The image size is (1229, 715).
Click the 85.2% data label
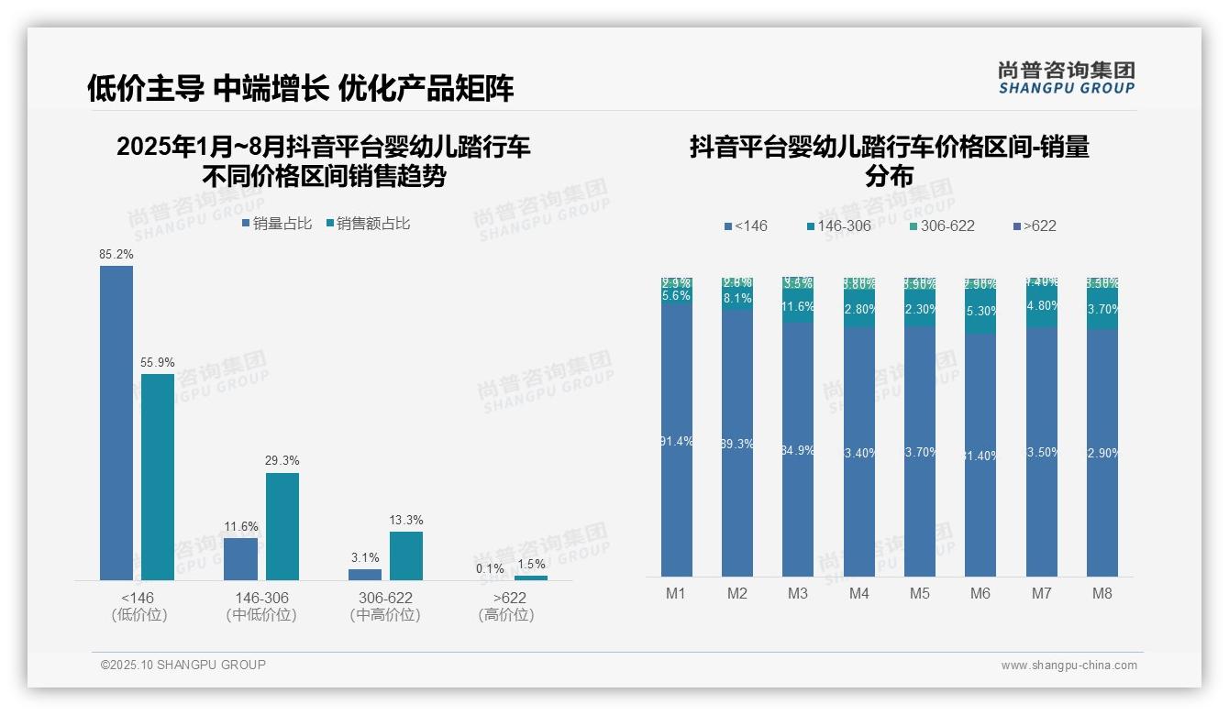[x=116, y=254]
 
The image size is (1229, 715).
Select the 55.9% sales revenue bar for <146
[x=158, y=476]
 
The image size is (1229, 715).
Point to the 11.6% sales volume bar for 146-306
[x=240, y=558]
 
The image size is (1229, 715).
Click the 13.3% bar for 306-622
[x=406, y=555]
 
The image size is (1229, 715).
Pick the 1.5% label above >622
[x=530, y=565]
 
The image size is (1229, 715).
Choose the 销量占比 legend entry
[x=277, y=224]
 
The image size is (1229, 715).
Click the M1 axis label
[x=676, y=594]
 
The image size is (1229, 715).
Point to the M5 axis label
[x=920, y=594]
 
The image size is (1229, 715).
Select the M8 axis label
[x=1102, y=594]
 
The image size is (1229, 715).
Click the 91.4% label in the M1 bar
[x=676, y=442]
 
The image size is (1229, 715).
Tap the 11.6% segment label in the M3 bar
[x=798, y=307]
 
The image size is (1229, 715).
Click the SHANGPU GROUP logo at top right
[x=1066, y=77]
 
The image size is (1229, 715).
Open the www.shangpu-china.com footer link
[x=1068, y=665]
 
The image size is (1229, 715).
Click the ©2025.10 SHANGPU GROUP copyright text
[x=183, y=665]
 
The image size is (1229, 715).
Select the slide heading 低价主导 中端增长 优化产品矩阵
[x=300, y=88]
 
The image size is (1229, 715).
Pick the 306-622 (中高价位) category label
[x=385, y=606]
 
